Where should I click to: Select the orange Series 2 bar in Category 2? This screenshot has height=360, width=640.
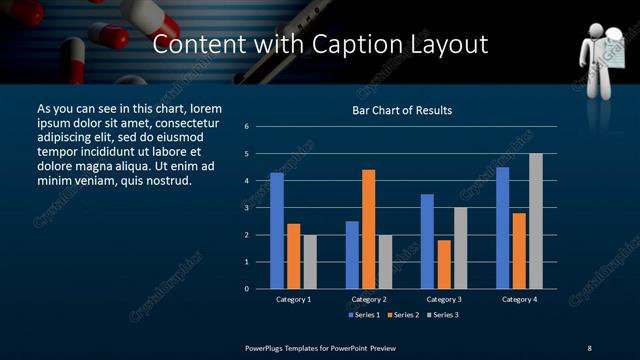[369, 229]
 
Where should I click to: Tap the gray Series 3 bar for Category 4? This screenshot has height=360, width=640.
[536, 221]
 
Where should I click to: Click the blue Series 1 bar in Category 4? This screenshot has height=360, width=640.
[502, 228]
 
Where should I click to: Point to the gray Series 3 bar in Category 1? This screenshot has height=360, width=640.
[310, 262]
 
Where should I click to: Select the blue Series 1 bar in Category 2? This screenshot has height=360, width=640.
[352, 255]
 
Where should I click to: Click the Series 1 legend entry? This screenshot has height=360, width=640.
[361, 315]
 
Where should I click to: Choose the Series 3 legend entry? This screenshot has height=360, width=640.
[442, 315]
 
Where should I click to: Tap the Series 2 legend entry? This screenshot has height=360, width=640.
[402, 315]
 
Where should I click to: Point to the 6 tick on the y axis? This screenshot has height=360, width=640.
[246, 127]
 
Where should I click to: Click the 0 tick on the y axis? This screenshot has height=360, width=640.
[246, 289]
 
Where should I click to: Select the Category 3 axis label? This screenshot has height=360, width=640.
[444, 299]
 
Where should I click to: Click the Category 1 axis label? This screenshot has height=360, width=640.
[294, 299]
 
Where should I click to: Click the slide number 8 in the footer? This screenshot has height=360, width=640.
[589, 347]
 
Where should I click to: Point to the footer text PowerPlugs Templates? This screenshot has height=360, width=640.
[284, 347]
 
